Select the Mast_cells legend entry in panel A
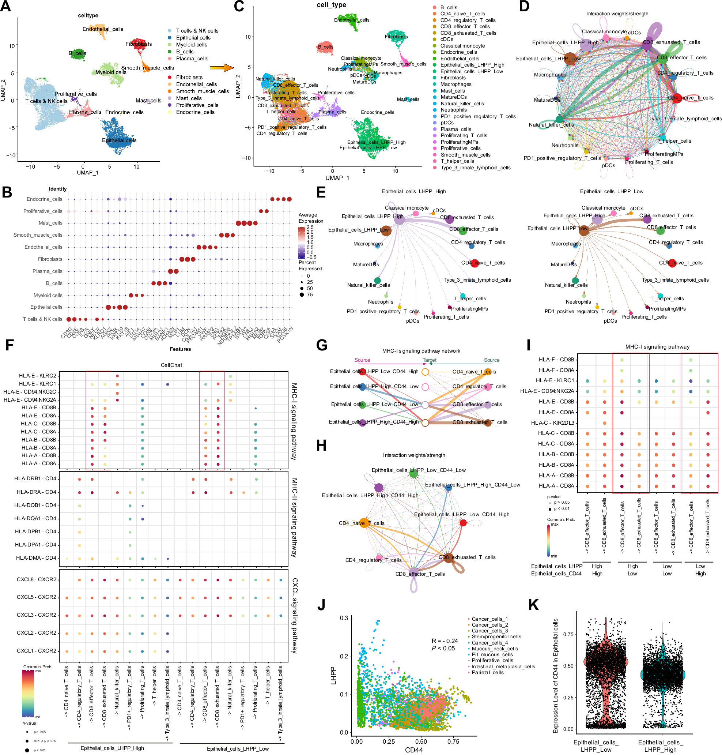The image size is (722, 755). (x=189, y=98)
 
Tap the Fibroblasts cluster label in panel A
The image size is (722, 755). (x=139, y=44)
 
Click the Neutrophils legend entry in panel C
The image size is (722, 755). (x=453, y=110)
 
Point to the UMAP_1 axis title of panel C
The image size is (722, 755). (x=337, y=177)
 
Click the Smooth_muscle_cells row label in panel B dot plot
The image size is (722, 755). (x=38, y=235)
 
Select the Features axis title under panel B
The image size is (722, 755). (x=180, y=349)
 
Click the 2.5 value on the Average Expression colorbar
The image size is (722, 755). (x=310, y=227)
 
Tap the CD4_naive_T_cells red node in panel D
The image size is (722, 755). (x=677, y=98)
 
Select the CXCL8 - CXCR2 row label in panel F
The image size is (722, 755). (x=37, y=579)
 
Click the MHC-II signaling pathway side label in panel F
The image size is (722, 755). (x=294, y=518)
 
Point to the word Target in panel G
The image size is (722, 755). (x=430, y=360)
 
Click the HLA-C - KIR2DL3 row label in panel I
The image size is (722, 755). (x=553, y=422)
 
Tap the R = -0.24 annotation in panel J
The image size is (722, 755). (x=445, y=641)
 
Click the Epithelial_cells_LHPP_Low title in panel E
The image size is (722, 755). (x=611, y=191)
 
